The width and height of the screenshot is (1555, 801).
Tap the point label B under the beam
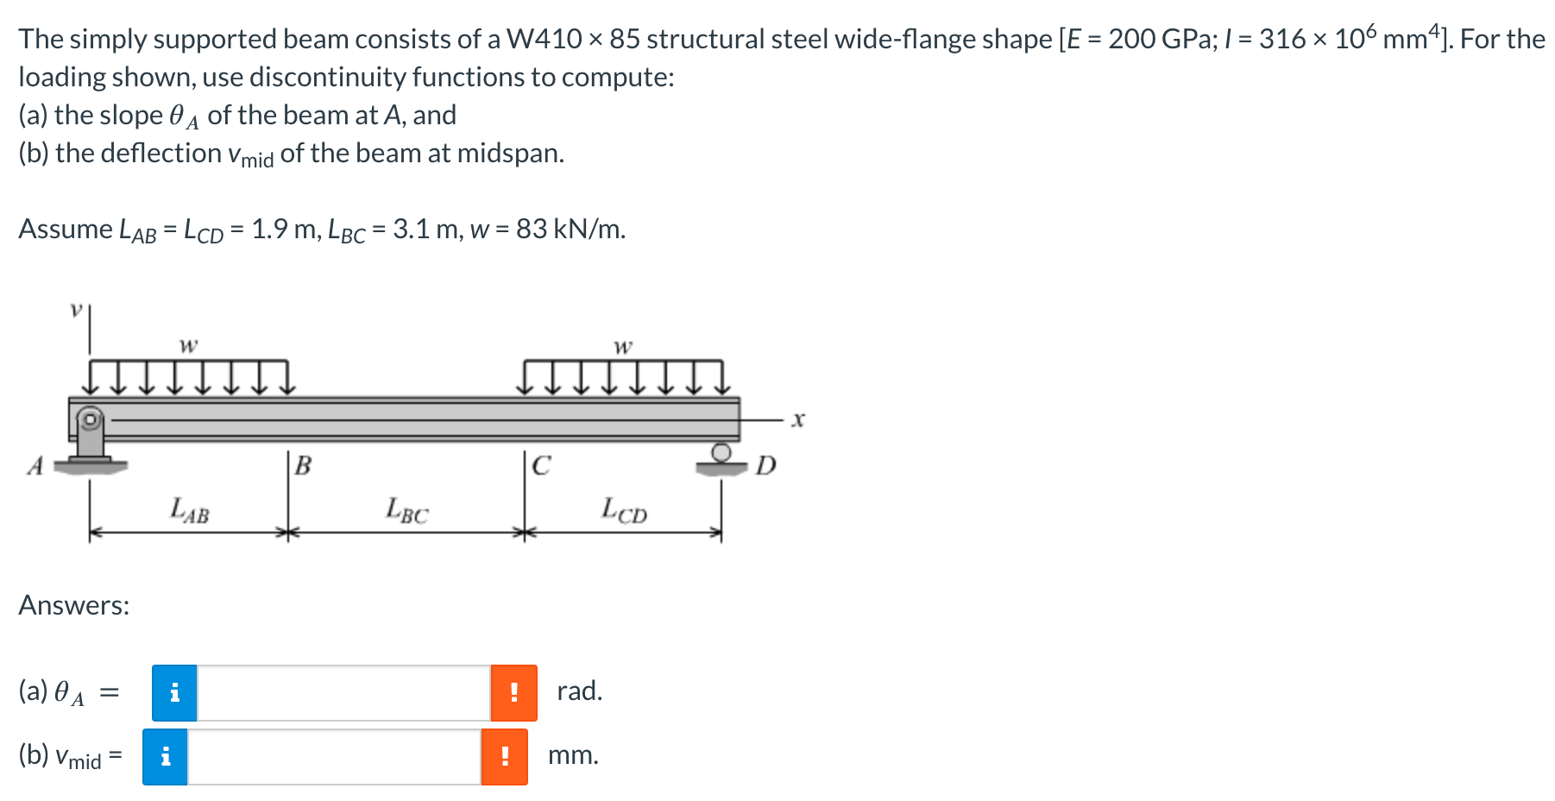pyautogui.click(x=303, y=466)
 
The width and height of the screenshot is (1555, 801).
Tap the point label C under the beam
pyautogui.click(x=541, y=466)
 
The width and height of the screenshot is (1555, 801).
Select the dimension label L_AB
pyautogui.click(x=190, y=510)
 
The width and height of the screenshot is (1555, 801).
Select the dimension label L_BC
pyautogui.click(x=406, y=510)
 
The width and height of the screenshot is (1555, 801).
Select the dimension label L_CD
pyautogui.click(x=624, y=510)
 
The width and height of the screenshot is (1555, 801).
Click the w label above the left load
pyautogui.click(x=188, y=345)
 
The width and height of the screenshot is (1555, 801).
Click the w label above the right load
pyautogui.click(x=622, y=346)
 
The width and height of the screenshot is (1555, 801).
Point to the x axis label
pyautogui.click(x=798, y=419)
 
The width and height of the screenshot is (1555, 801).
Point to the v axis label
pyautogui.click(x=76, y=309)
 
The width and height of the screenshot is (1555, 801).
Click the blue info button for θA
pyautogui.click(x=174, y=692)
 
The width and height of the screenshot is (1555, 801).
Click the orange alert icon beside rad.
pyautogui.click(x=513, y=692)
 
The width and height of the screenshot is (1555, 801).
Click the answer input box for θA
pyautogui.click(x=343, y=692)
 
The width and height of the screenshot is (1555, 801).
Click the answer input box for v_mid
pyautogui.click(x=334, y=757)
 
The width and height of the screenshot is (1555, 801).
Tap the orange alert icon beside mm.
pyautogui.click(x=504, y=757)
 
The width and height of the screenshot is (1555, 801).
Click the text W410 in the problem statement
pyautogui.click(x=544, y=39)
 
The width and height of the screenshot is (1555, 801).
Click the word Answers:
pyautogui.click(x=74, y=605)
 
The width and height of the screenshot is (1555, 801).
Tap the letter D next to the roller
pyautogui.click(x=765, y=466)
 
